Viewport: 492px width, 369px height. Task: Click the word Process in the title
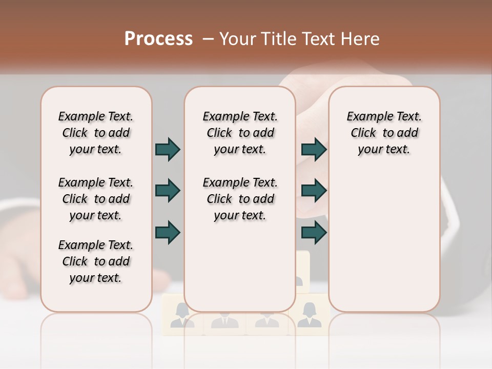tap(158, 39)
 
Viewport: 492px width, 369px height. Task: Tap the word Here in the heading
tap(360, 39)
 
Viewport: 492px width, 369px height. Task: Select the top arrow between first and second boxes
tap(168, 149)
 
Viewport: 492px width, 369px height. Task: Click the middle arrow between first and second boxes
tap(168, 191)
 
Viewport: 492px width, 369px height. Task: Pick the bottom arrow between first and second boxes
tap(168, 232)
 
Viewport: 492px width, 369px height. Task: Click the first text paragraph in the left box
tap(96, 133)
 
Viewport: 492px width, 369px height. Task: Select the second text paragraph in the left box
tap(96, 199)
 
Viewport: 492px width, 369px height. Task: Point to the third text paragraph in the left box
tap(96, 261)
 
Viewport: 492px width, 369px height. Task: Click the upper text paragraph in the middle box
tap(240, 133)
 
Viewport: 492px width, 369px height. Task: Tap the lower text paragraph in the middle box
tap(240, 199)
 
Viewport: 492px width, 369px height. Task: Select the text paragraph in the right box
tap(384, 133)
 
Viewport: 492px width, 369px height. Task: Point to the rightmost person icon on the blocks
tap(309, 315)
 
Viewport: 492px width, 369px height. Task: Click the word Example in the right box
tap(367, 117)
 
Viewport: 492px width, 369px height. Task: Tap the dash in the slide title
tap(208, 39)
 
